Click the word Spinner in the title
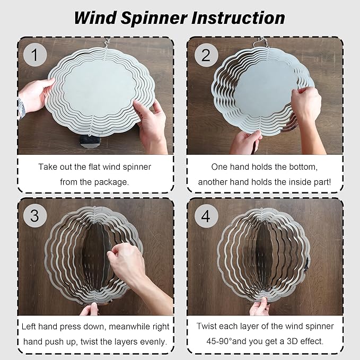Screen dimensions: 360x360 click(154, 18)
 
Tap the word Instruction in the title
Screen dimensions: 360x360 click(238, 17)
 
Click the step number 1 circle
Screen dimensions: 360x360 click(35, 55)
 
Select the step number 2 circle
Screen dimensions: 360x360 click(206, 55)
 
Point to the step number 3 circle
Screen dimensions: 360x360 click(35, 216)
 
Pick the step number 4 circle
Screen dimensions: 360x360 click(206, 216)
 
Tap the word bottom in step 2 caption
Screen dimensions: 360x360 click(303, 167)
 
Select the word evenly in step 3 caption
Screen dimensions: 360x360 click(153, 342)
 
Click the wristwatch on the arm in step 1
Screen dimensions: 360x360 click(21, 109)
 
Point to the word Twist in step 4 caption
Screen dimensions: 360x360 click(207, 326)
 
